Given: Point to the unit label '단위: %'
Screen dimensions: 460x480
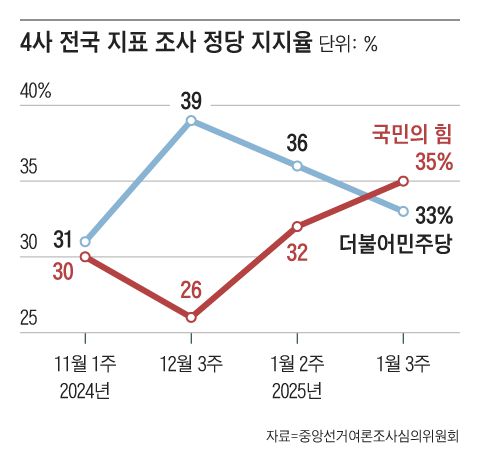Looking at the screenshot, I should coord(349,45).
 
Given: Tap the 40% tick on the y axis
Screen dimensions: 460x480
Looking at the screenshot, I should coord(36,92).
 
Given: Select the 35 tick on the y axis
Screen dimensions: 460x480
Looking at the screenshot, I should coord(29,167).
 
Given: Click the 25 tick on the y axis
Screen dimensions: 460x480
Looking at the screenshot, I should coord(29,318).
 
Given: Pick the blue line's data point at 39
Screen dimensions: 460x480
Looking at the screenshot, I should coord(191,121).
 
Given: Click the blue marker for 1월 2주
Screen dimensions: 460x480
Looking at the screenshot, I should coord(297,166).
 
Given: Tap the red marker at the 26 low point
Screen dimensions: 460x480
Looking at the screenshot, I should coord(191,317).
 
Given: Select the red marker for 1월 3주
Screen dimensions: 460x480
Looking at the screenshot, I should coord(403,181).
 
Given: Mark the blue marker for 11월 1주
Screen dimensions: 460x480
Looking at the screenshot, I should coord(86,241).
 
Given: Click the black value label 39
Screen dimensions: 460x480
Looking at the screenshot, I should coord(192,100).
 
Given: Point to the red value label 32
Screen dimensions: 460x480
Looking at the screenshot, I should coord(297,252).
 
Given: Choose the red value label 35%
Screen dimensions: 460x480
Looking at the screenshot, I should coord(434,161).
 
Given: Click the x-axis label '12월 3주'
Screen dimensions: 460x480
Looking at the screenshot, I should coord(192,364).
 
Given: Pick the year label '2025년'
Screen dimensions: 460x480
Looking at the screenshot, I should coord(297,388).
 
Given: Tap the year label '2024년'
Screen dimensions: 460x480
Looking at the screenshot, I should coord(86,388).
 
